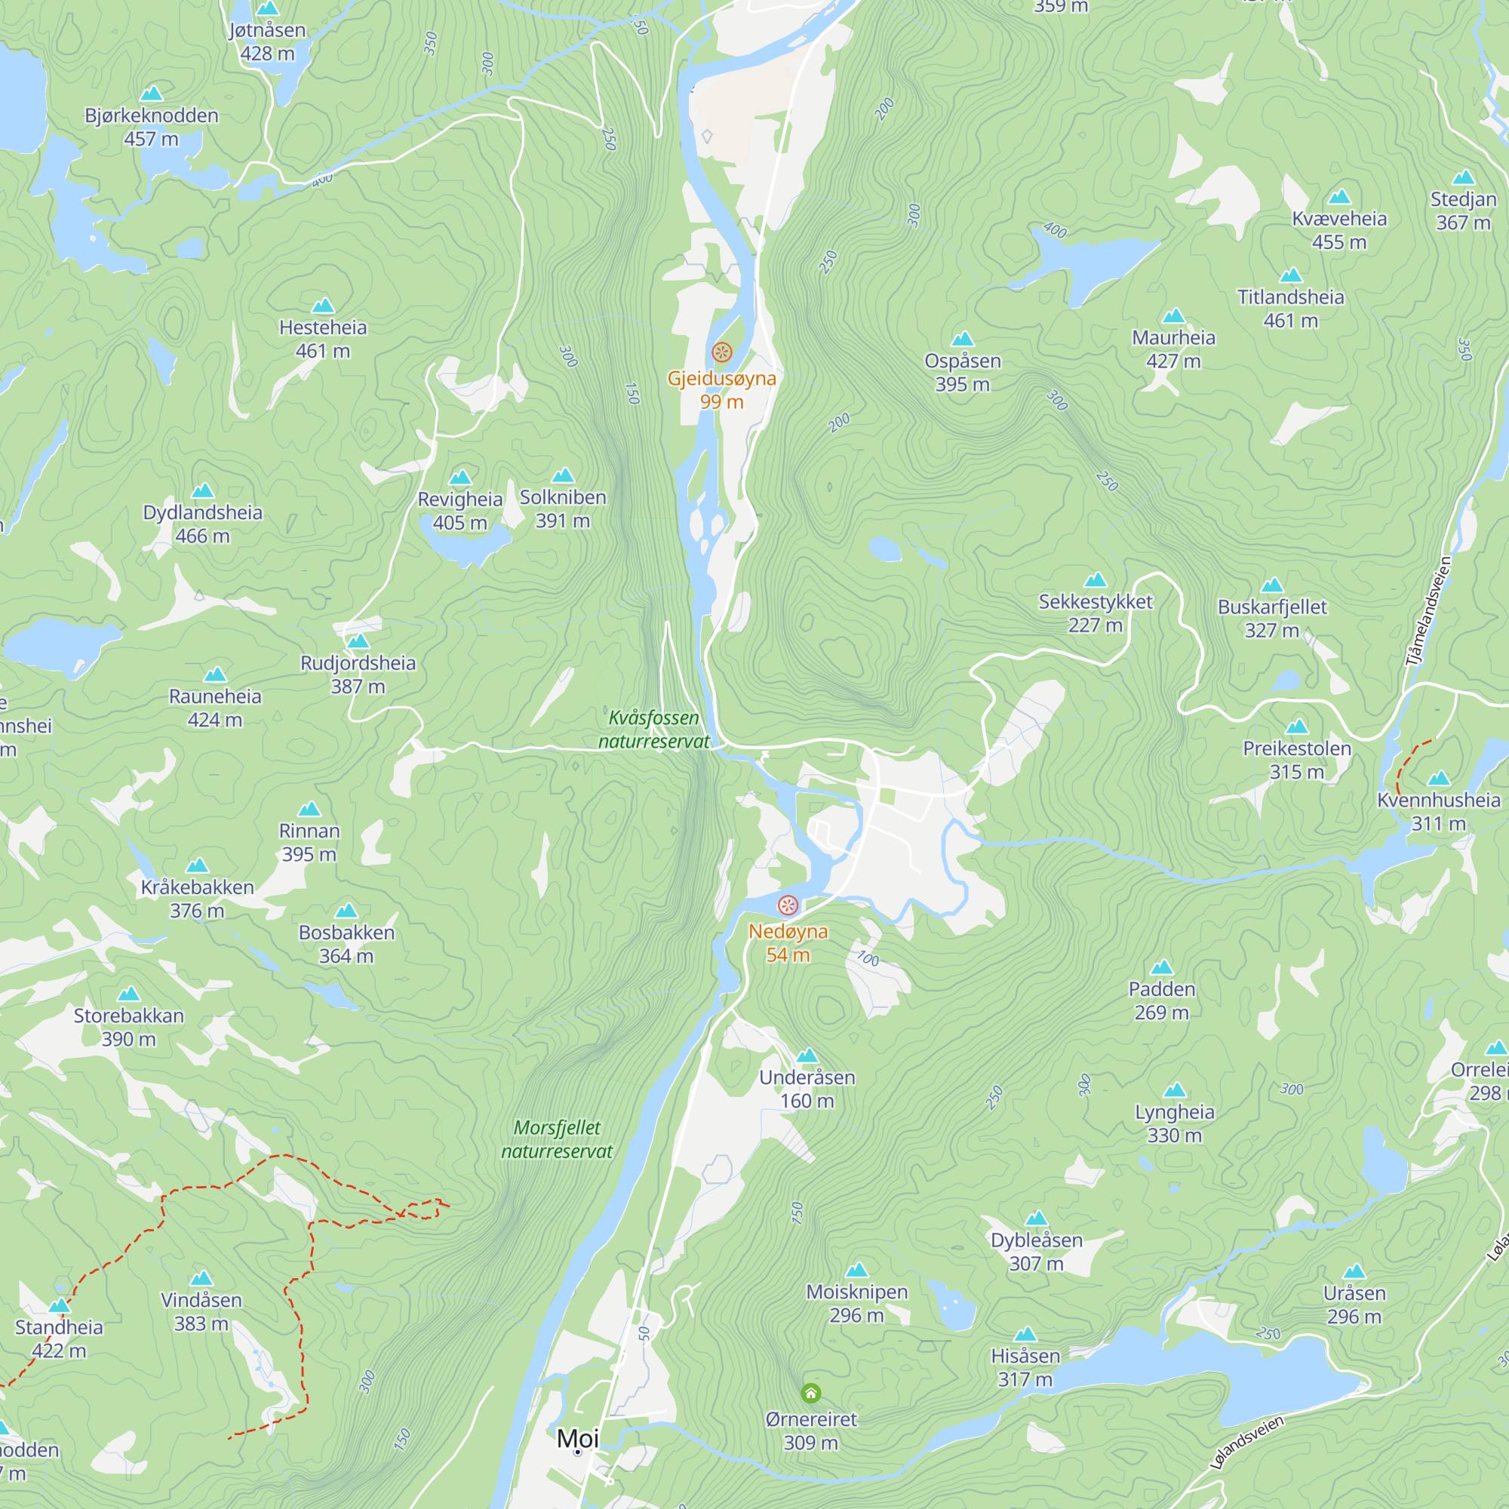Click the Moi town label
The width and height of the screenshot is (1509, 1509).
point(577,1438)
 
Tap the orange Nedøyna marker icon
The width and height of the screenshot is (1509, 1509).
point(787,905)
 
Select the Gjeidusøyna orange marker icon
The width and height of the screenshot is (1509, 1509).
point(722,352)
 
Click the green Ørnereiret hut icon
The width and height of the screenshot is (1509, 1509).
point(811,1393)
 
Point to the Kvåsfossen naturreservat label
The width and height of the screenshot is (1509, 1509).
point(653,730)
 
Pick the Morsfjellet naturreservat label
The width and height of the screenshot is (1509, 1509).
point(557,1139)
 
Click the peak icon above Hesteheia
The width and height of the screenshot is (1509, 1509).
point(323,306)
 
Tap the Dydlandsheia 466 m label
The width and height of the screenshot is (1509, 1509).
point(202,524)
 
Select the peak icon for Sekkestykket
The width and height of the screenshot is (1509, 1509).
point(1095,579)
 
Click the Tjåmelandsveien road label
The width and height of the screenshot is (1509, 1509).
point(1428,611)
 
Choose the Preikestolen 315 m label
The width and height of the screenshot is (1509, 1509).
point(1296,760)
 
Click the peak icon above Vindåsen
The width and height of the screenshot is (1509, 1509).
point(201,1279)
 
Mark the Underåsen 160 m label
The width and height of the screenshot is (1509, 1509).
point(807,1089)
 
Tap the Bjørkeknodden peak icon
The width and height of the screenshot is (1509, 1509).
point(151,94)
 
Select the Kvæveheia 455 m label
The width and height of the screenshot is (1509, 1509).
point(1338,230)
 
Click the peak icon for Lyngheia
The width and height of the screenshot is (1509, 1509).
point(1174,1090)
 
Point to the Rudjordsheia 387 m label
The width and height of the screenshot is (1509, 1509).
point(358,675)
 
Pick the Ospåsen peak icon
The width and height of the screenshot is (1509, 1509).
point(962,339)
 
